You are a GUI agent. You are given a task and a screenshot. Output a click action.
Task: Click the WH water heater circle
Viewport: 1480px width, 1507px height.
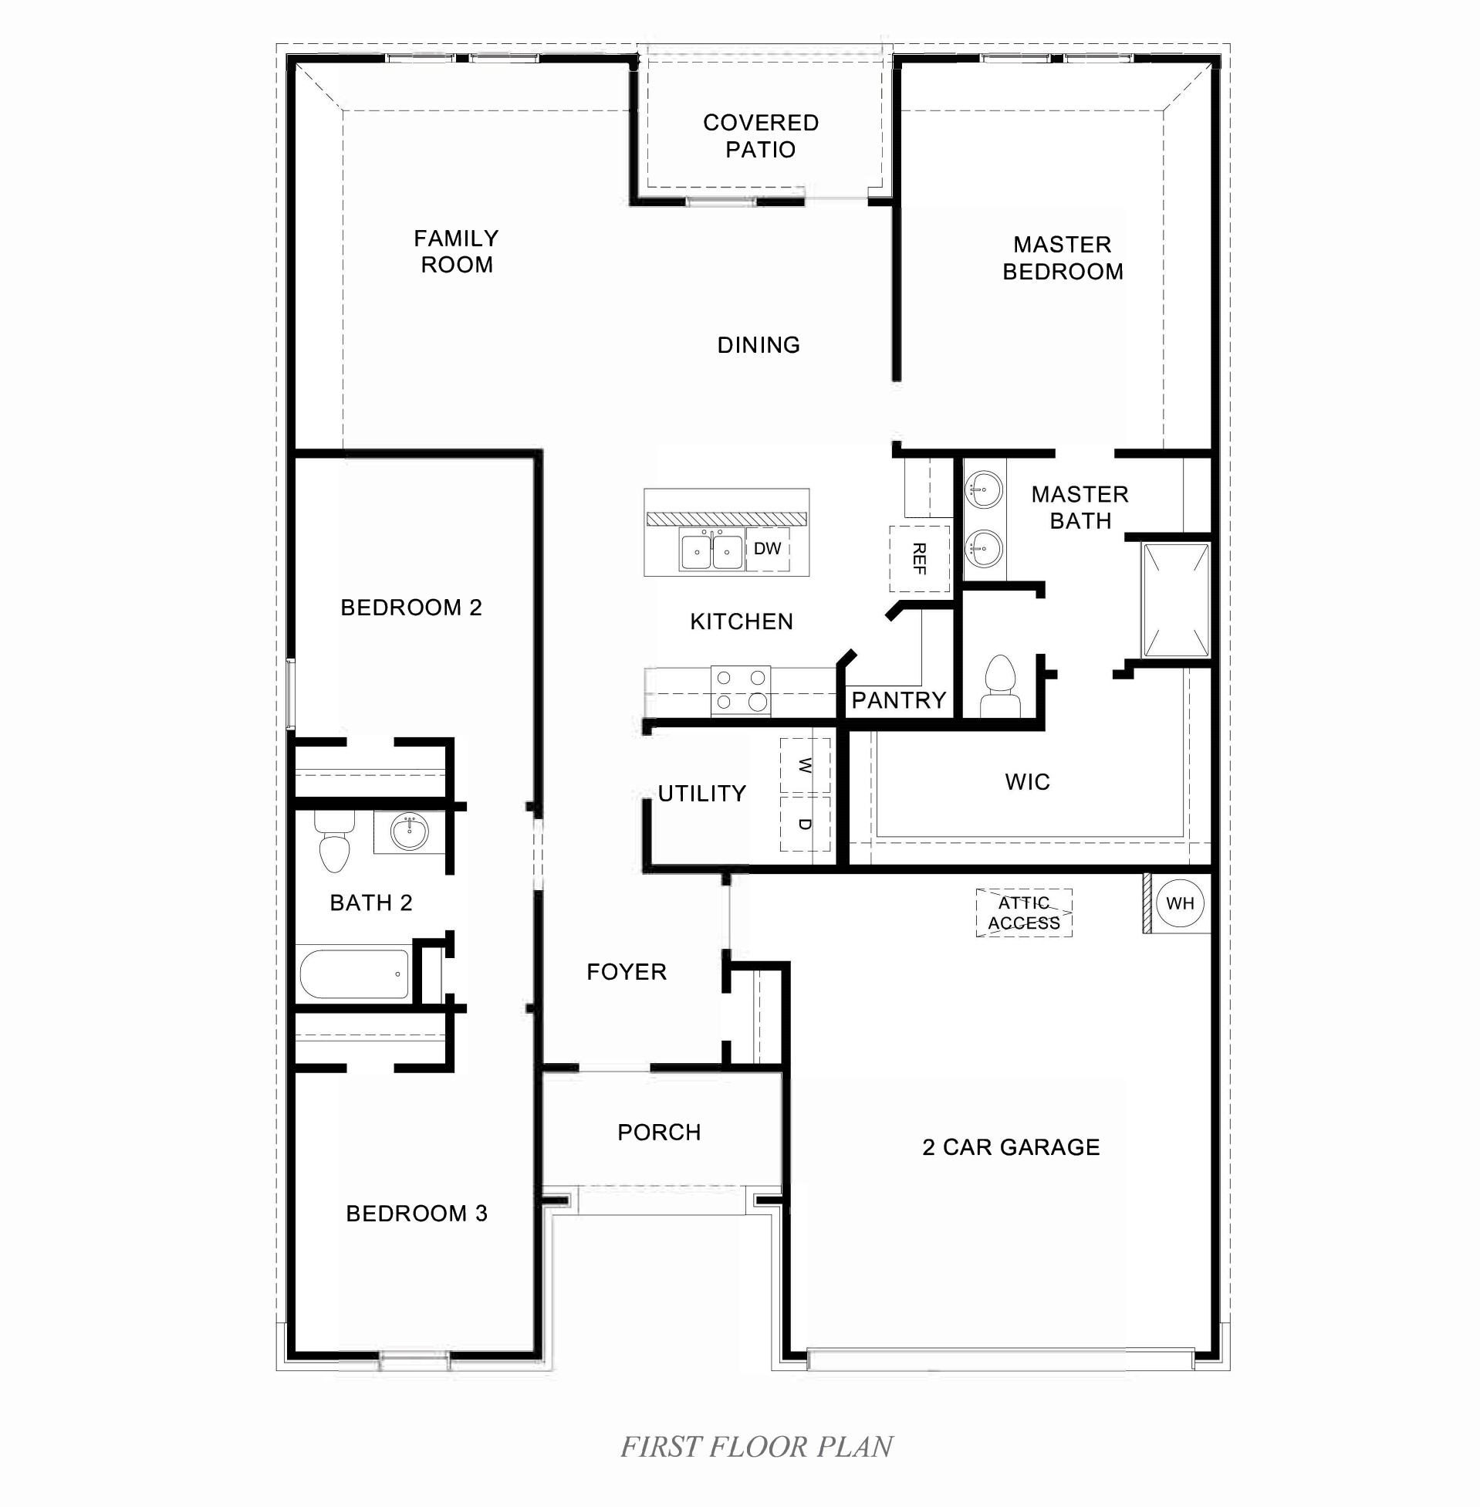click(x=1180, y=903)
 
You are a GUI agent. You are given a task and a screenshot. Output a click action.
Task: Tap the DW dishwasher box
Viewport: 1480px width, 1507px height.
click(x=767, y=549)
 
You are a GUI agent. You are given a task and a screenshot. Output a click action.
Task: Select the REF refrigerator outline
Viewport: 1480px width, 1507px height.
click(x=919, y=558)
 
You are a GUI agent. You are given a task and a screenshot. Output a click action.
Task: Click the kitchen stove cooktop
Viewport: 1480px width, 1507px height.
click(x=741, y=690)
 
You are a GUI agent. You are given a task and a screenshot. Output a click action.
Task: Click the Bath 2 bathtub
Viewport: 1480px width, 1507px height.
click(x=354, y=973)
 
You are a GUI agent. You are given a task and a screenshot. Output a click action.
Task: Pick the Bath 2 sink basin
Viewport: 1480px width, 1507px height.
click(x=409, y=833)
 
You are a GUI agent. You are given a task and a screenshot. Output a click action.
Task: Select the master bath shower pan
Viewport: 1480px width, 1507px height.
click(x=1175, y=601)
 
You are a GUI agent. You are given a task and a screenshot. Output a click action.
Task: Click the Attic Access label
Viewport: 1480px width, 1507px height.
click(x=1024, y=913)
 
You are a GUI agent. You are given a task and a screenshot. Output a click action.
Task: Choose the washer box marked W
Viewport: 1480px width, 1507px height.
click(x=805, y=766)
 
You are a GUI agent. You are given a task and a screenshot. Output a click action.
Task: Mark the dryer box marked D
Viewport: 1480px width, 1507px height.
click(x=805, y=825)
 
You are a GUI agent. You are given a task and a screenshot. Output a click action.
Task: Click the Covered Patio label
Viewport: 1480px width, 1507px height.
click(x=760, y=136)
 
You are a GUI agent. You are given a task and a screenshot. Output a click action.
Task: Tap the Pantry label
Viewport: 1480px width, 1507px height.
click(x=898, y=701)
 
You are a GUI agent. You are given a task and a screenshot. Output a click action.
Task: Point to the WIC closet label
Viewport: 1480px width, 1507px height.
click(x=1028, y=782)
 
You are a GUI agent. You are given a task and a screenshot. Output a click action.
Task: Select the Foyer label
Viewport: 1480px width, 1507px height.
click(x=627, y=972)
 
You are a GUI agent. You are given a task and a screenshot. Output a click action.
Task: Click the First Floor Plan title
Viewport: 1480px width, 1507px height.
click(x=756, y=1447)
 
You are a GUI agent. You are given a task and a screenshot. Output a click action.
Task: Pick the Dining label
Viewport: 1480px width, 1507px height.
click(x=759, y=345)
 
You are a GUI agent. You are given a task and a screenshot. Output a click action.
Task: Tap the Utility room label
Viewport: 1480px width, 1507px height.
click(x=702, y=794)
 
